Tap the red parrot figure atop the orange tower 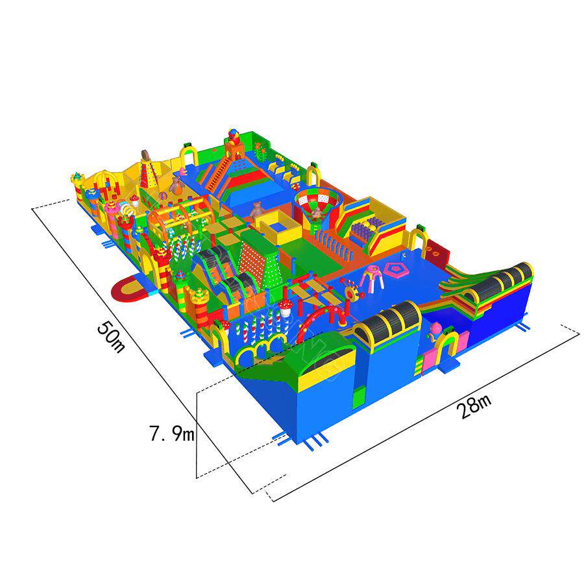[x=234, y=136]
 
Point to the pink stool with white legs [x=371, y=278]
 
